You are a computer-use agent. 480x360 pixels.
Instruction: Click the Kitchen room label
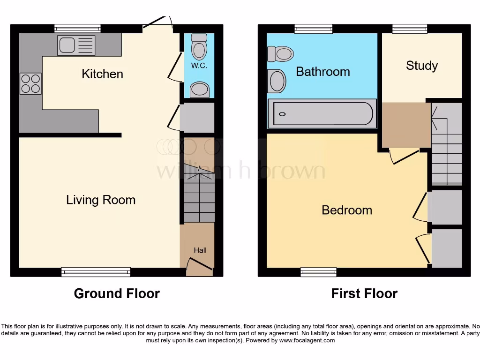point(102,74)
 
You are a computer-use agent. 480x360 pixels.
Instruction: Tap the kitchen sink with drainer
point(76,45)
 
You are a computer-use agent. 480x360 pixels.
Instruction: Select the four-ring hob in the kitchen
point(30,84)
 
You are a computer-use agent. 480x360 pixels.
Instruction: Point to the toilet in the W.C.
point(199,47)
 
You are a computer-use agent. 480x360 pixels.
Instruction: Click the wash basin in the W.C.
point(200,90)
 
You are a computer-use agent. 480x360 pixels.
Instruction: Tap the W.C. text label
point(199,66)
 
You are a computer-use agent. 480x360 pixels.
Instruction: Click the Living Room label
point(100,200)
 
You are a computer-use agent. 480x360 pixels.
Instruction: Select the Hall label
point(200,250)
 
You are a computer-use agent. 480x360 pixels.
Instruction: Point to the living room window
point(96,272)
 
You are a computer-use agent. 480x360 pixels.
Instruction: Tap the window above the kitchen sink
point(77,29)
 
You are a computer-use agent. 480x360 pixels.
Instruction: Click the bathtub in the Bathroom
point(322,113)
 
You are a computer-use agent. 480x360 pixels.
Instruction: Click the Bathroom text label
point(322,72)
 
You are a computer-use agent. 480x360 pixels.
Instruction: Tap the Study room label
point(421,66)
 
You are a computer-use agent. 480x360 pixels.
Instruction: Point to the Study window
point(410,29)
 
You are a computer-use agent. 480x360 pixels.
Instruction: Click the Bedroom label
point(346,210)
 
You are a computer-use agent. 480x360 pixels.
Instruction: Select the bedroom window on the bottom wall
point(318,272)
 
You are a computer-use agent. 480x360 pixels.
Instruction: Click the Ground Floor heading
point(117,294)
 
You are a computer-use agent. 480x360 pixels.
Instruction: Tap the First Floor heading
point(364,294)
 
